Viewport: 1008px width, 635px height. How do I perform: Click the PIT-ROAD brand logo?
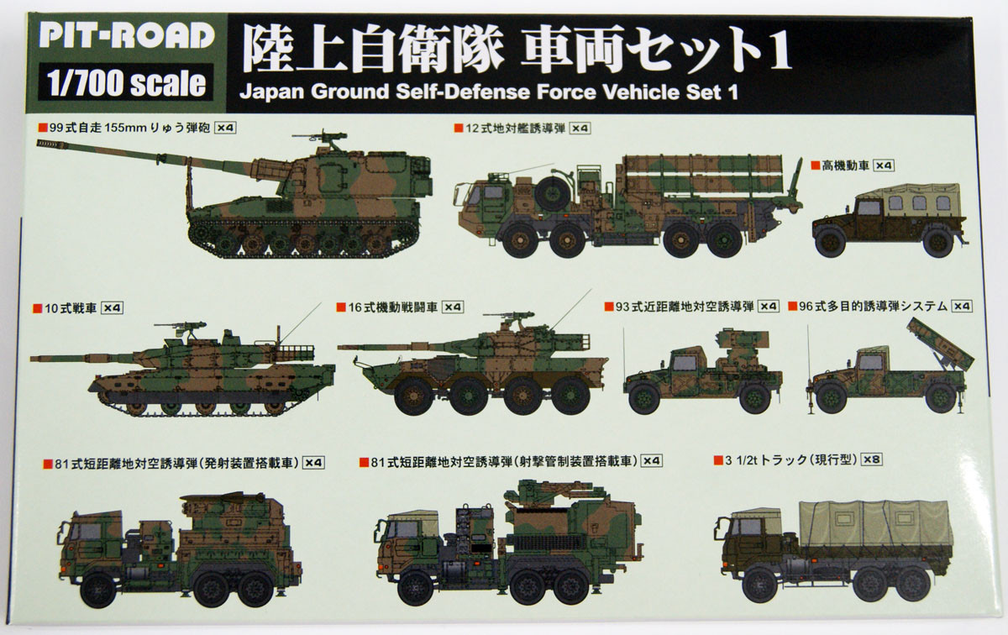(127, 35)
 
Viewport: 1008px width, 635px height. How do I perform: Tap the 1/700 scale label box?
(125, 82)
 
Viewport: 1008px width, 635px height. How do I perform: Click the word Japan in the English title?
(272, 92)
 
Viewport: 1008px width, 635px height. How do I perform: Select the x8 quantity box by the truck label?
(871, 459)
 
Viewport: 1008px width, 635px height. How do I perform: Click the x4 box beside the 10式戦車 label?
(112, 307)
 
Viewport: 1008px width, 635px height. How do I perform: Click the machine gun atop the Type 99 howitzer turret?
(321, 136)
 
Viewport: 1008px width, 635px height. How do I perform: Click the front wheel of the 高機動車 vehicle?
(830, 242)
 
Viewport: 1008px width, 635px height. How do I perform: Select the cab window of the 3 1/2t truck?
(749, 527)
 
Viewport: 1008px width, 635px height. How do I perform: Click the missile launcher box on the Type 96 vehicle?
(941, 344)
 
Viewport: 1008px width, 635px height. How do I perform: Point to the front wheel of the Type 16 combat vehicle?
(412, 396)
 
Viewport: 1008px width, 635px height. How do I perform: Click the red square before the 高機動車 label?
(815, 165)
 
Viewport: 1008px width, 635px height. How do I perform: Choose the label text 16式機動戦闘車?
(393, 307)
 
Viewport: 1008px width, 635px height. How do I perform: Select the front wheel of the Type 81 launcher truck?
(97, 590)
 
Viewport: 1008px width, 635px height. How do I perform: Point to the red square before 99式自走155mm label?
(43, 128)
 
